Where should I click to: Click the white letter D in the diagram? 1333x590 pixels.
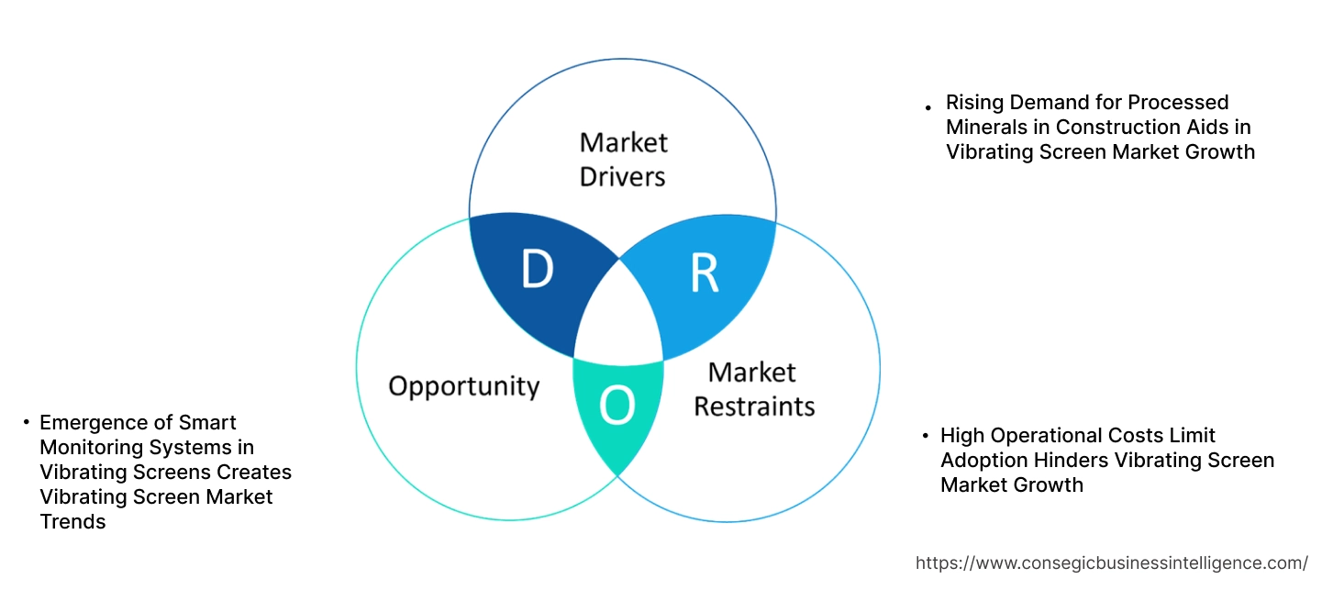point(538,269)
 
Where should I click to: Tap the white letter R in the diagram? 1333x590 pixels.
point(704,272)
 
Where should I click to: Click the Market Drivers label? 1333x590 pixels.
point(623,159)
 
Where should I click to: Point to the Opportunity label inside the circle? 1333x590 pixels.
point(463,385)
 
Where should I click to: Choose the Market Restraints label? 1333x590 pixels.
point(753,388)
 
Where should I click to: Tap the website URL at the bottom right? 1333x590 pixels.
point(1112,562)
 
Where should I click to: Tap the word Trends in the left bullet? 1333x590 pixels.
point(73,522)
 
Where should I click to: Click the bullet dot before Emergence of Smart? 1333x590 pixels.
point(27,423)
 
